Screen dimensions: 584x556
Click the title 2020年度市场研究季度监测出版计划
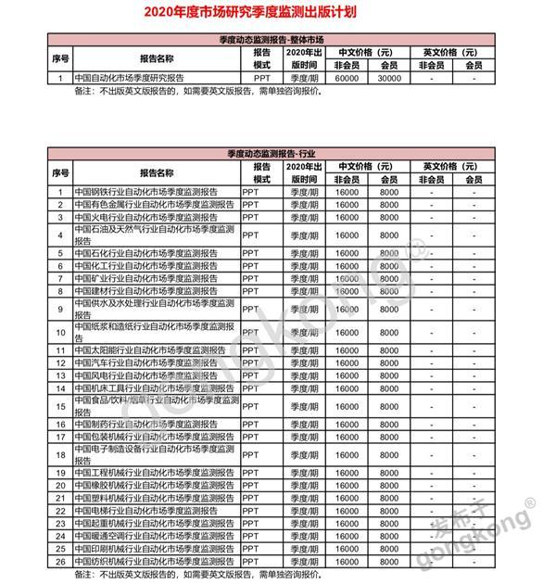278,14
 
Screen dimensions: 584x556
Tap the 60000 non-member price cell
346,79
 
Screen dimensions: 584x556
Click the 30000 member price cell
390,79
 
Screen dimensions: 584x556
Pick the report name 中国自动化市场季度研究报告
130,79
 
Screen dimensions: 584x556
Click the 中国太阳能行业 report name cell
148,350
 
